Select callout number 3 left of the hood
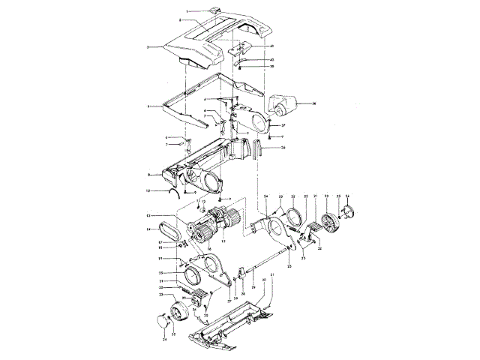coord(148,47)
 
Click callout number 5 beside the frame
coord(149,106)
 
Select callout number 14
coord(148,228)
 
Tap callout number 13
coord(148,216)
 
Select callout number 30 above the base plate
coord(262,279)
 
